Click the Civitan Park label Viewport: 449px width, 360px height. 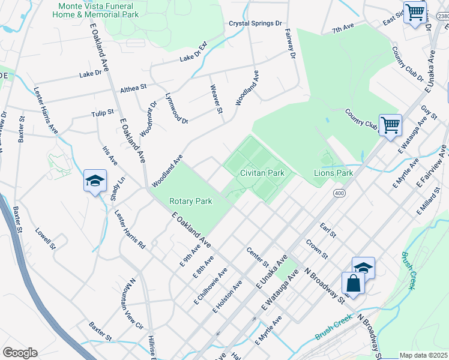[x=262, y=173]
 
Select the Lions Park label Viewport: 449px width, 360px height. [x=333, y=173]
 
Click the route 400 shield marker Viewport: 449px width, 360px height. [x=340, y=193]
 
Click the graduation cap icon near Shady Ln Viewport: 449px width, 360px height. [x=95, y=181]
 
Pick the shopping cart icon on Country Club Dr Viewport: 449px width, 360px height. [x=390, y=125]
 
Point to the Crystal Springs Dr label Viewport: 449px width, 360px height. [x=255, y=23]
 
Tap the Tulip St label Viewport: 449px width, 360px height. [x=103, y=113]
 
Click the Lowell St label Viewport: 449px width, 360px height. [x=45, y=238]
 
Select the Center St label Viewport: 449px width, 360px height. [x=258, y=256]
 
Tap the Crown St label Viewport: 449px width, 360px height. [x=316, y=250]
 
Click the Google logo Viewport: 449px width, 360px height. [x=20, y=352]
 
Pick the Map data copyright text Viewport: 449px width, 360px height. [x=423, y=355]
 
